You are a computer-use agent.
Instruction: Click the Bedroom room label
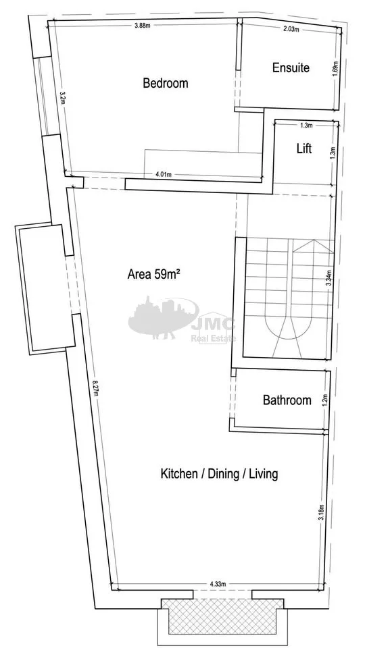coord(165,83)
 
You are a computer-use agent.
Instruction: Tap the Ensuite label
coord(291,67)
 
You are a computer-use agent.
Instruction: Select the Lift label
coord(304,148)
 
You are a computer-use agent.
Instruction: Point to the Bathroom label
coord(287,400)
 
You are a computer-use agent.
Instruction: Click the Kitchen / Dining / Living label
coord(219,474)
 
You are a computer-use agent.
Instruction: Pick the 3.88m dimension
coord(142,26)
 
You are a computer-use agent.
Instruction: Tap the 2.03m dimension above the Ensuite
coord(291,29)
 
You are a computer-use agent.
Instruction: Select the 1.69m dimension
coord(335,69)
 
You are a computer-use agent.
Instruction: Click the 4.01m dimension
coord(164,174)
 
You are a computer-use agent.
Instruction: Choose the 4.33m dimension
coord(217,584)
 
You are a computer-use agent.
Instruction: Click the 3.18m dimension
coord(322,513)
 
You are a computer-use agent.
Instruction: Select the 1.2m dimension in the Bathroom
coord(325,399)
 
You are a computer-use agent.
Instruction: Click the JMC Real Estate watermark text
coord(213,330)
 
